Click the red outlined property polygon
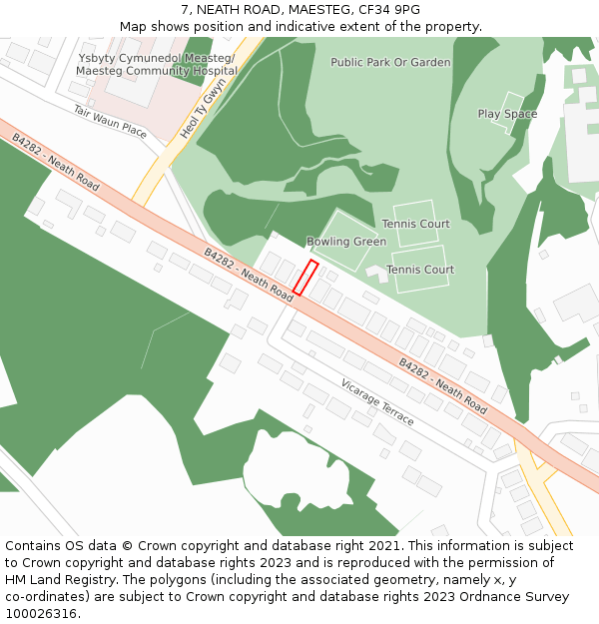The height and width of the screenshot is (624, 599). pos(305,278)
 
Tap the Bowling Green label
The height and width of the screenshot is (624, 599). pos(346,242)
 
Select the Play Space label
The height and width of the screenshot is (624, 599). pos(507,114)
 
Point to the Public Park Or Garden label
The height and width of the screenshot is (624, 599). pos(390,62)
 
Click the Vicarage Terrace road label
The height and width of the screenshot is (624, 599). pos(377,402)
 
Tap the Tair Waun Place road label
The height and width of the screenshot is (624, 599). pos(110,121)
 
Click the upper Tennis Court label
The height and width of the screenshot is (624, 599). pos(415,224)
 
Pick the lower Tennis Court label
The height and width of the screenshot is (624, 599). pos(420,270)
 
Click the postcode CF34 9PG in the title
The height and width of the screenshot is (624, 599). pos(387,10)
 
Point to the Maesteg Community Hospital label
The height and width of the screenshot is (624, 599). pos(157,71)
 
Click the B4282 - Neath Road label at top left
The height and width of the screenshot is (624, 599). pos(55,163)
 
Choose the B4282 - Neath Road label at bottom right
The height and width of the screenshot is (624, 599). pos(443,386)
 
